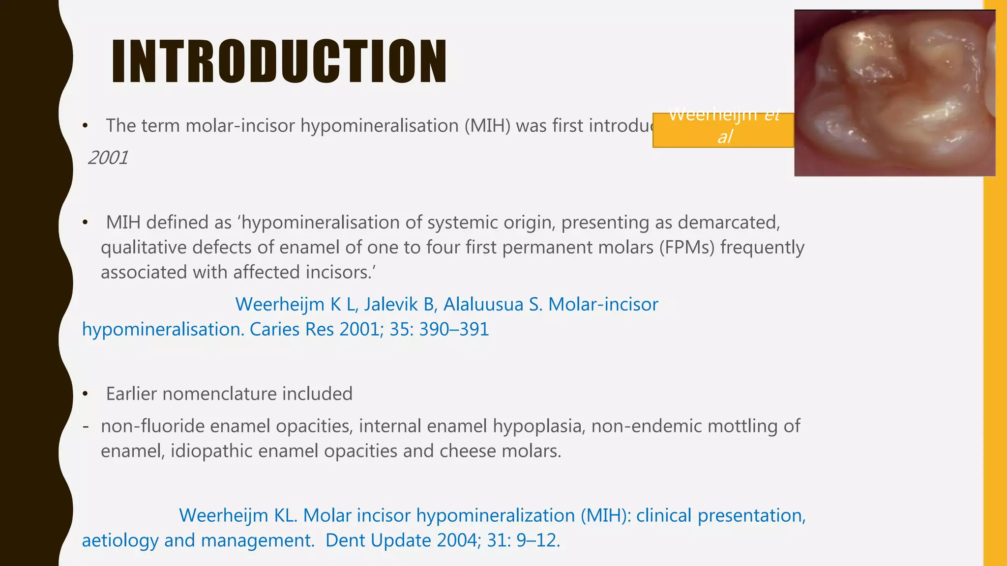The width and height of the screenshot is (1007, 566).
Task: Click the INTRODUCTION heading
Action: pos(279,61)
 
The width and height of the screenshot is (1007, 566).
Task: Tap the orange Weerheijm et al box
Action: pos(723,130)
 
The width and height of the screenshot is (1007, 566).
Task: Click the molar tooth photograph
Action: pos(894,93)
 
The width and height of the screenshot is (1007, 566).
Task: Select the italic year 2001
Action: pos(108,158)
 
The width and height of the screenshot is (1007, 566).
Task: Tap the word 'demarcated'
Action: pos(728,223)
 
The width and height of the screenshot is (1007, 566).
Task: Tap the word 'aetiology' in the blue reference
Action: pos(120,540)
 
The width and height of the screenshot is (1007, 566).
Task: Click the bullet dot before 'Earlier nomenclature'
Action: pos(85,394)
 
